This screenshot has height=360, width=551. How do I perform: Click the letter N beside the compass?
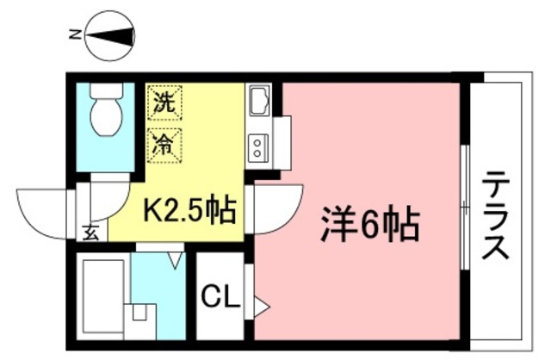point(75,35)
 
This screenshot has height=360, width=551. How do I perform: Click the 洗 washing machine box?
point(164,103)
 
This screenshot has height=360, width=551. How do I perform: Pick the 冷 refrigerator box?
point(164,142)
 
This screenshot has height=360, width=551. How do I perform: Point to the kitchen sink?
point(259,105)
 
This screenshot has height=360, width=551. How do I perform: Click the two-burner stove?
point(258,147)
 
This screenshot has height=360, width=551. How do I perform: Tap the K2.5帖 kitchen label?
point(189,209)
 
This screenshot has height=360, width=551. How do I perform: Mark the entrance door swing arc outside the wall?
point(43,212)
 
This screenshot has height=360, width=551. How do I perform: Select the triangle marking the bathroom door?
point(176,258)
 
